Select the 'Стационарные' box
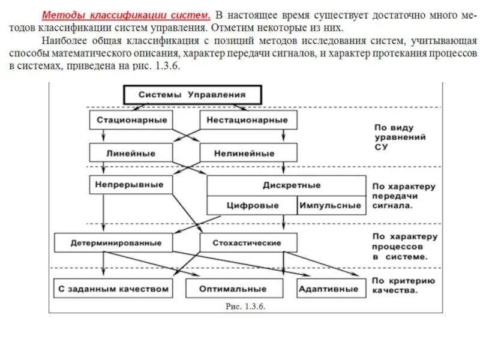click(x=128, y=120)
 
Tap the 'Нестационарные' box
click(x=247, y=120)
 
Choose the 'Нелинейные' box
click(x=247, y=153)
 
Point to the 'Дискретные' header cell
click(x=286, y=185)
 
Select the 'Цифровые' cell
click(x=252, y=205)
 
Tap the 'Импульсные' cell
click(x=331, y=205)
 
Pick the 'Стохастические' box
click(x=247, y=243)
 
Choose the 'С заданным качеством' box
click(x=113, y=289)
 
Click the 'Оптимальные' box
click(x=233, y=289)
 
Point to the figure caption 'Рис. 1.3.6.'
click(x=245, y=306)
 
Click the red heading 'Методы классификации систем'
click(x=125, y=13)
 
